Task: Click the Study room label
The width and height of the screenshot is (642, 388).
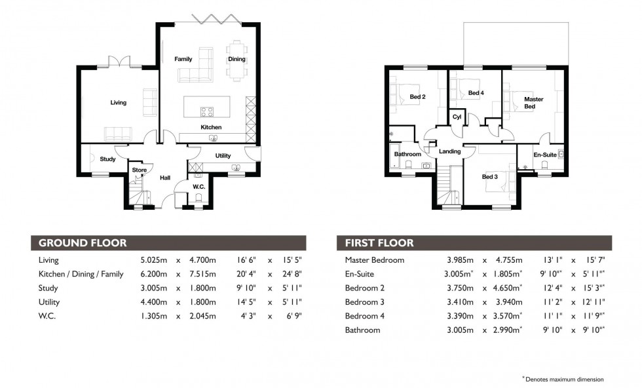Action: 107,159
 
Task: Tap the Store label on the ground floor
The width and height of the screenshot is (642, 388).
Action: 139,170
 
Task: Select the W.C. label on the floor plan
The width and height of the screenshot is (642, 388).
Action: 199,187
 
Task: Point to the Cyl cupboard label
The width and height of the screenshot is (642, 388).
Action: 457,118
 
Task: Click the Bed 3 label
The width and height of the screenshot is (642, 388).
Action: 490,177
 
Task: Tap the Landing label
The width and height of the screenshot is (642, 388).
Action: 449,151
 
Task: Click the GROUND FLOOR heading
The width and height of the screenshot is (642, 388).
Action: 83,243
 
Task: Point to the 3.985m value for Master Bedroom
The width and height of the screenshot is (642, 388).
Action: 459,260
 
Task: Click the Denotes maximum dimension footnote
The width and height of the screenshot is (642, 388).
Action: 564,379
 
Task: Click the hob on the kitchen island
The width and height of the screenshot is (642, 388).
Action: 208,111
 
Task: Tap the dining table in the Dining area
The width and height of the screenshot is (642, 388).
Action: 236,60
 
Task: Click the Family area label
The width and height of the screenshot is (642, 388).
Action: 183,59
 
